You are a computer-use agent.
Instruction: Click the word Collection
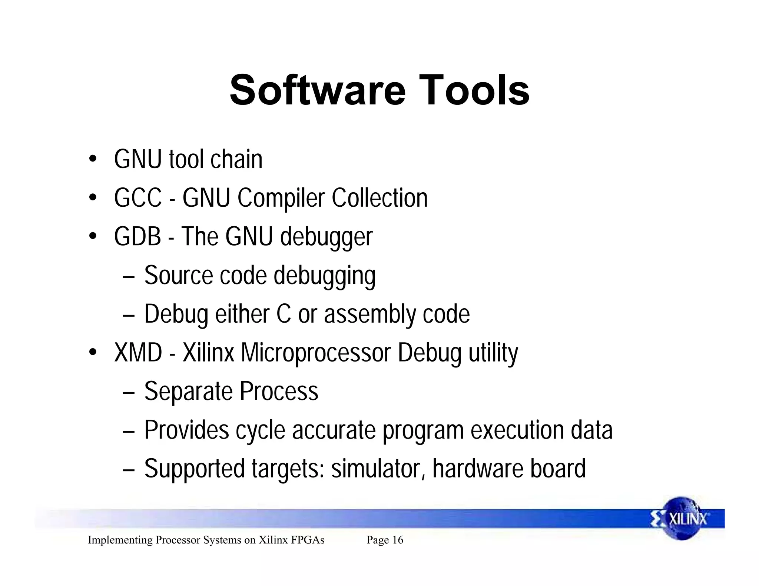pos(379,198)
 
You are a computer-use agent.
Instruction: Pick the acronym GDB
pos(137,237)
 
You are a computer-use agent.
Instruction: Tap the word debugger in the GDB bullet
pos(326,237)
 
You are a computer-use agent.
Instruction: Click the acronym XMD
pos(138,353)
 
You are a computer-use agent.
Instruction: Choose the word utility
pos(493,353)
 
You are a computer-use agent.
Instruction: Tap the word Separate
pos(189,392)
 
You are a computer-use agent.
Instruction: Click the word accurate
pos(334,430)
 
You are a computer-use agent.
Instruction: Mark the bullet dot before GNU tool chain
pos(93,159)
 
